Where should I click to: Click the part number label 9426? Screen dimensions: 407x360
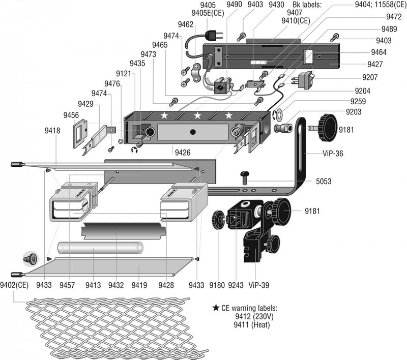183,153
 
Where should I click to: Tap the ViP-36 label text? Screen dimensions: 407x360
333,154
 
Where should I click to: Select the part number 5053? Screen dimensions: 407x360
324,181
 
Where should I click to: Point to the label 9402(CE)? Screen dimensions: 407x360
14,285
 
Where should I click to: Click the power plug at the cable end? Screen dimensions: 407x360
214,36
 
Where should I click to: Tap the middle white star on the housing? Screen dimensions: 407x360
197,115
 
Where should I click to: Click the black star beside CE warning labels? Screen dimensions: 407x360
216,308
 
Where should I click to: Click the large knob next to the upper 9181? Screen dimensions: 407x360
329,128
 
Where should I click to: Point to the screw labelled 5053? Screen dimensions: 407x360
245,177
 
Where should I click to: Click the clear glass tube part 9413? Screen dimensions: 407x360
100,248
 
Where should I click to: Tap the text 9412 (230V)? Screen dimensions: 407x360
254,316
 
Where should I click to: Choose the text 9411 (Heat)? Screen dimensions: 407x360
251,325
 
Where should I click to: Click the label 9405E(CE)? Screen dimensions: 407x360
208,13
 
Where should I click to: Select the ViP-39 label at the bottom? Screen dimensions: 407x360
258,285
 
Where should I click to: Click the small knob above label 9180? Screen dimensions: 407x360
218,220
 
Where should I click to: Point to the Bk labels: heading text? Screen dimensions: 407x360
307,5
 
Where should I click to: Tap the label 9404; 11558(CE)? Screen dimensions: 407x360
381,5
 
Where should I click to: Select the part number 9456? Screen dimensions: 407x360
71,115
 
